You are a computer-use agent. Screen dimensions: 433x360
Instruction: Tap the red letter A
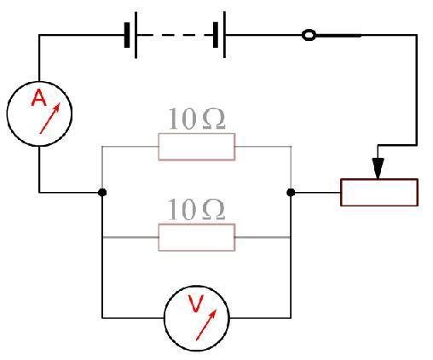pos(39,98)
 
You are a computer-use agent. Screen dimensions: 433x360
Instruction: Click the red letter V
pos(196,304)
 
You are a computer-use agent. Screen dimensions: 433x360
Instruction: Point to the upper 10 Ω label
pos(197,119)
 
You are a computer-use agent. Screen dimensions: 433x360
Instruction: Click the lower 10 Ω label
pos(197,210)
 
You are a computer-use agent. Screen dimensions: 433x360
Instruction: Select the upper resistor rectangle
pos(197,133)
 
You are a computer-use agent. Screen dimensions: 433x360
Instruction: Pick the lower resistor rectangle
pos(197,224)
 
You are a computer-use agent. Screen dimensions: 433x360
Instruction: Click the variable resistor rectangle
pos(379,179)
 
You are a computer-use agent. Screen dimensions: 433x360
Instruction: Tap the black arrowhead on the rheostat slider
pos(378,168)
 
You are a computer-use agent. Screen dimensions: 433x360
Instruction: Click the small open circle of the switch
pos(309,31)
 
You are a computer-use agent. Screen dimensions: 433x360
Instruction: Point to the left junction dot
pos(102,193)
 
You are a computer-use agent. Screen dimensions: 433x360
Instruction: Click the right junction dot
pos(291,193)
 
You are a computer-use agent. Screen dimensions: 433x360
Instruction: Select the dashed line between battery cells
pos(176,35)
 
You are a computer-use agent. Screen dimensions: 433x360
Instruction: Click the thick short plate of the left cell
pos(127,35)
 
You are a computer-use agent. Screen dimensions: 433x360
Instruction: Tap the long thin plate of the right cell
pos(224,35)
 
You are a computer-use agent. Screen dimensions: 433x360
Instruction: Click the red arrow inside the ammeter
pos(50,119)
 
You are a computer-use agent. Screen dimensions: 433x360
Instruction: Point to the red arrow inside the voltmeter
pos(206,324)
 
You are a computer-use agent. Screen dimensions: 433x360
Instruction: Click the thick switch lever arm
pos(338,36)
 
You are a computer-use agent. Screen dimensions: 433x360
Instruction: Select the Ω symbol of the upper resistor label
pos(214,119)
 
